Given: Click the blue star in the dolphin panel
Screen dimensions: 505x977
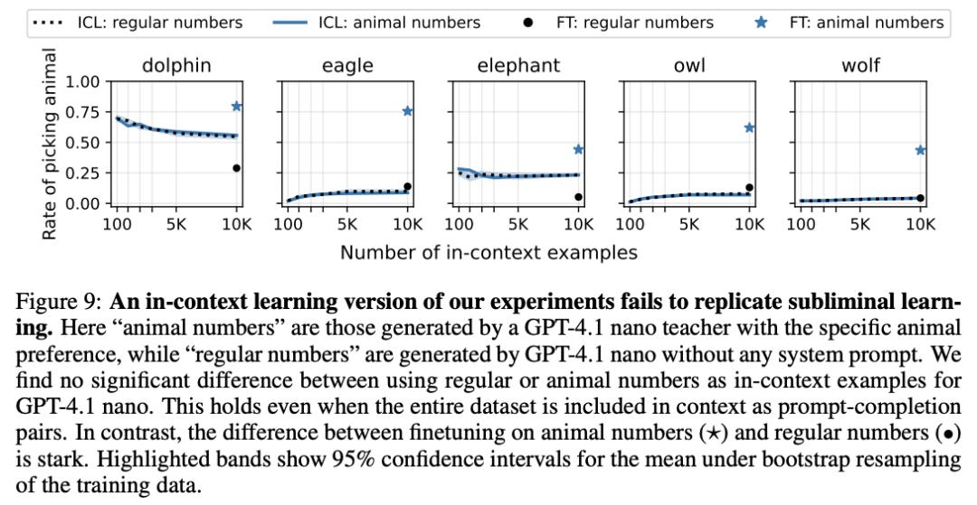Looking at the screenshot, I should pos(237,107).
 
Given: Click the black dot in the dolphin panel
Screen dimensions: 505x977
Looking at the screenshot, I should pos(237,168).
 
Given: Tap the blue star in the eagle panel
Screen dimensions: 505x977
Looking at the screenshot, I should pos(408,111).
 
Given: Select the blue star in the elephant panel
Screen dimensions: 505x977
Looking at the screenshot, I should pos(579,149).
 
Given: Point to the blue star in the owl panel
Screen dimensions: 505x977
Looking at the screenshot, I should pos(750,128).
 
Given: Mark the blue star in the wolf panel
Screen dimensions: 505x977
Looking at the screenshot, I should pos(921,150).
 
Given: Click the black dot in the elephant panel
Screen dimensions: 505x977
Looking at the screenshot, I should pos(579,197).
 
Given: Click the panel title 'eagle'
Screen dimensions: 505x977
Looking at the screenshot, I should pos(347,65).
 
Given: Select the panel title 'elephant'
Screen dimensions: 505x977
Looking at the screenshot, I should pos(518,65).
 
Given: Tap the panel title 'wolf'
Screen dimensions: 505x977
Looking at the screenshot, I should pos(860,65).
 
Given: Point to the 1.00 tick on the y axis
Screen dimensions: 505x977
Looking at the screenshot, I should pos(82,82).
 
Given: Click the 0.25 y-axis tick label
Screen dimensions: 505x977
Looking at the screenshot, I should pos(82,173).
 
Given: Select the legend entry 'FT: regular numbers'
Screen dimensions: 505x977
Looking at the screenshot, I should pos(634,23).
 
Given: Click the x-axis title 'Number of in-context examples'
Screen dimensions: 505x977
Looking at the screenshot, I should pos(488,252).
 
